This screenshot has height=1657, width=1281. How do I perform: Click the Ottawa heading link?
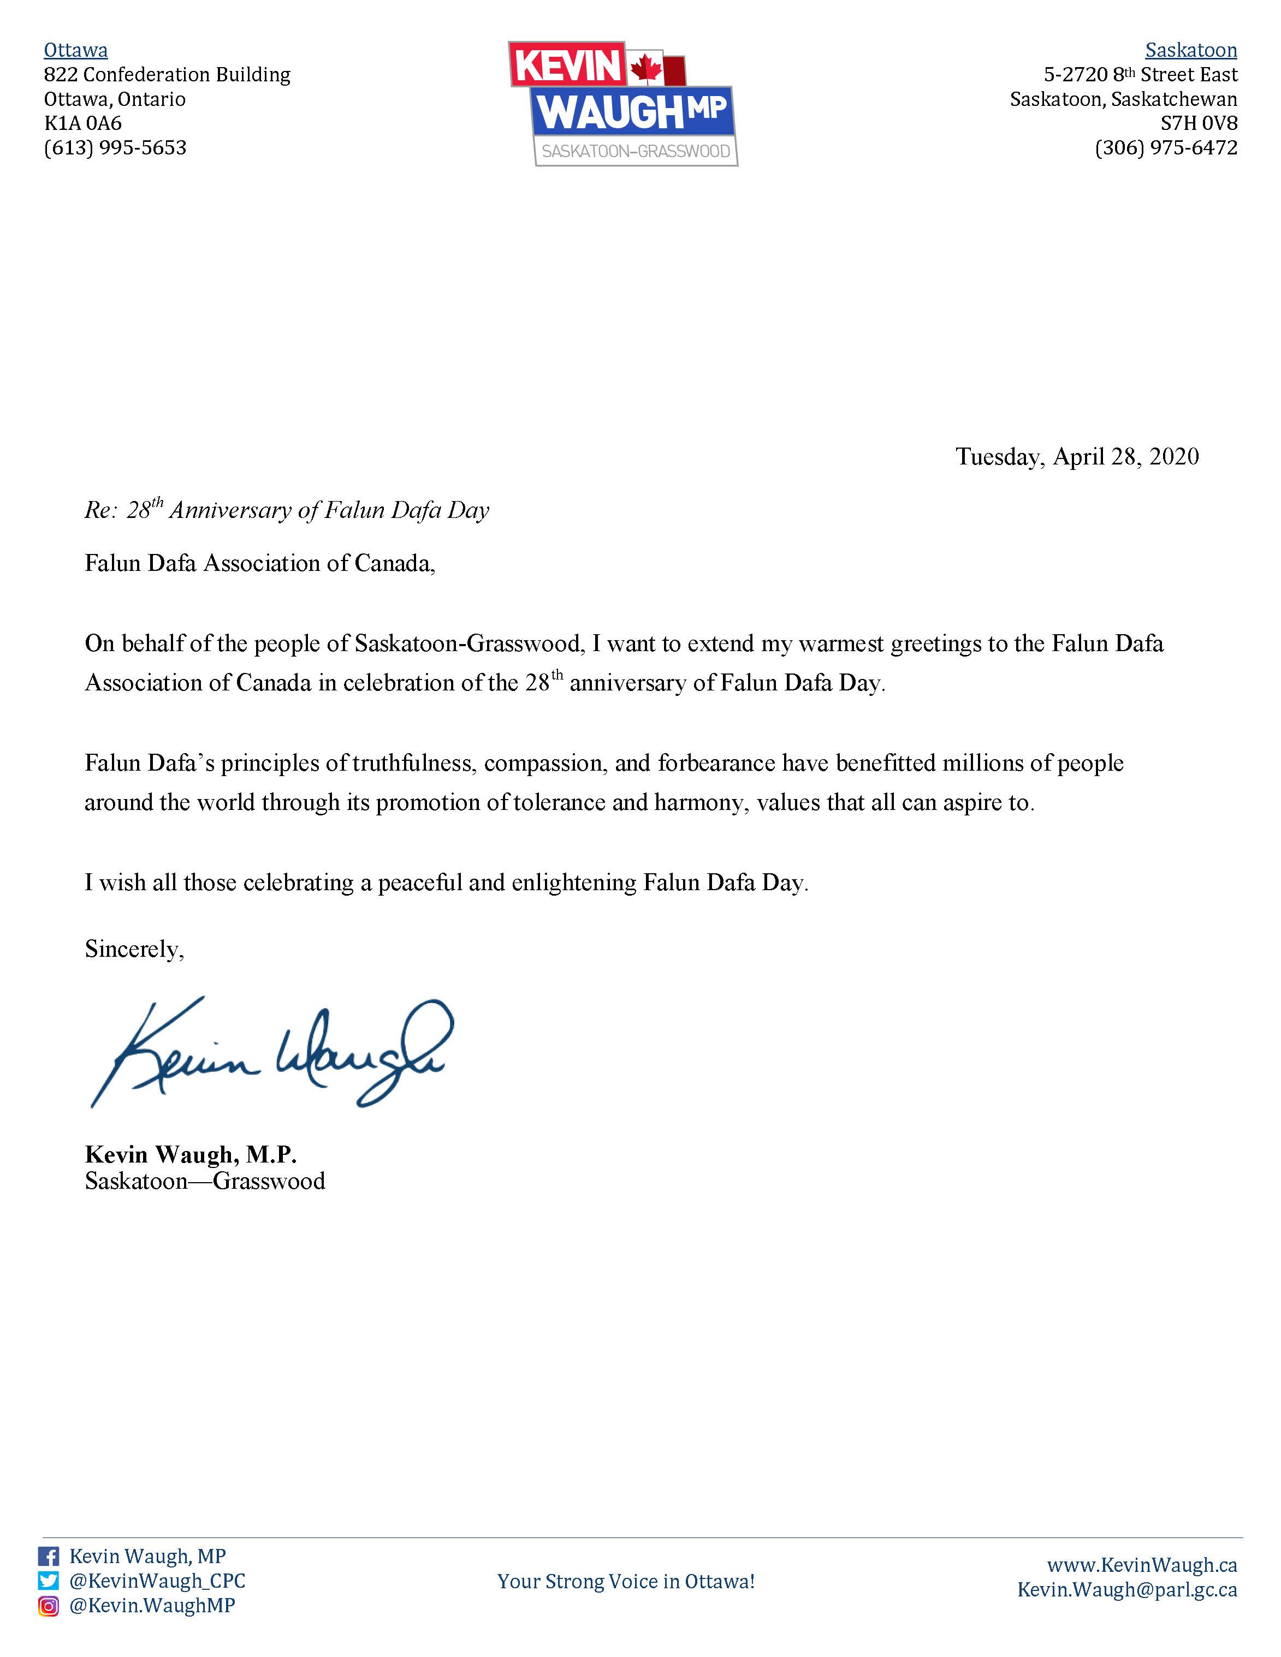coord(76,51)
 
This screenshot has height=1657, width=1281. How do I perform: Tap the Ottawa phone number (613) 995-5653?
coord(115,148)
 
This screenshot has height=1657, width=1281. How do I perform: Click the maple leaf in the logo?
coord(647,68)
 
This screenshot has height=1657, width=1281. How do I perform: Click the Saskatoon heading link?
coord(1191,51)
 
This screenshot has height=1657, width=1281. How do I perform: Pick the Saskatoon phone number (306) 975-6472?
coord(1166,148)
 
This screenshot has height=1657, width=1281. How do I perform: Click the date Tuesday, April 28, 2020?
coord(1077,457)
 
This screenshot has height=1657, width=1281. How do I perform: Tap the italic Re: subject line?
coord(287,510)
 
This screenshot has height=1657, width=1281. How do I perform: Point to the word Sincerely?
coord(134,949)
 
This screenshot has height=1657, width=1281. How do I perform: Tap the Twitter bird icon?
coord(49,1581)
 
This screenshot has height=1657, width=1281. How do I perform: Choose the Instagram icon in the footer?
coord(49,1605)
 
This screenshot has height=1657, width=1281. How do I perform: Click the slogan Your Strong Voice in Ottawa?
coord(626,1581)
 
